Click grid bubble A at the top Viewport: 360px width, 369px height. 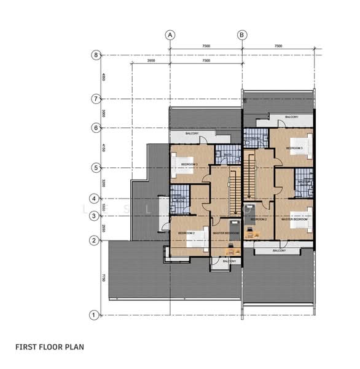[170, 34]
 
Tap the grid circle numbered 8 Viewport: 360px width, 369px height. [96, 55]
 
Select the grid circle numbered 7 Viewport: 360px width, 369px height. [96, 98]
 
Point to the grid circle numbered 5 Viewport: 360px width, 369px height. [96, 167]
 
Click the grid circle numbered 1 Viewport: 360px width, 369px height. [93, 315]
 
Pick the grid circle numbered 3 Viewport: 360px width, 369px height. [93, 216]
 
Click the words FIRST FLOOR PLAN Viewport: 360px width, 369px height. [49, 347]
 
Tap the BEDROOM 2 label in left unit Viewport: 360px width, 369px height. [186, 234]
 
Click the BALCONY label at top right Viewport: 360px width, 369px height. [291, 117]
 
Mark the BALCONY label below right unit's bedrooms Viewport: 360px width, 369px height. [279, 251]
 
